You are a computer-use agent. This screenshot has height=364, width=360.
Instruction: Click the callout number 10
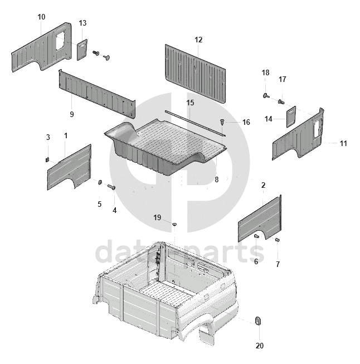tap(41, 17)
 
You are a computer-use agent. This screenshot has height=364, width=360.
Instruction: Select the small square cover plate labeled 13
tap(82, 50)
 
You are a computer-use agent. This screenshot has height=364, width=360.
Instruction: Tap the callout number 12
tap(198, 40)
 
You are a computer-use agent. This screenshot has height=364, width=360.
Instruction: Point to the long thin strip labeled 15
tap(195, 123)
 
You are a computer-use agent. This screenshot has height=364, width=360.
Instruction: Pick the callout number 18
tap(265, 72)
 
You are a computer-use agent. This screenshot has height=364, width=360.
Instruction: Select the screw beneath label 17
tap(281, 101)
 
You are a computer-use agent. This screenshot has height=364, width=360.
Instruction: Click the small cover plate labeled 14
tap(291, 117)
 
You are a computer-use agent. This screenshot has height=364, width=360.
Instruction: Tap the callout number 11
tap(343, 143)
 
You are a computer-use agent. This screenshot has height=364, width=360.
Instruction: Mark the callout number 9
tap(72, 114)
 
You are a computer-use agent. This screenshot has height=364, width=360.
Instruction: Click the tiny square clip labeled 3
tap(47, 159)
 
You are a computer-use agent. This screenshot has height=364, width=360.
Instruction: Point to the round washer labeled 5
tap(100, 182)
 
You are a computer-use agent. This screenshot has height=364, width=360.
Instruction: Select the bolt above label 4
tap(111, 186)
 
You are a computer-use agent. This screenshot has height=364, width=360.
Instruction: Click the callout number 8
tap(217, 179)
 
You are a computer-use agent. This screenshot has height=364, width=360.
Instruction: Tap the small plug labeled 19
tap(174, 224)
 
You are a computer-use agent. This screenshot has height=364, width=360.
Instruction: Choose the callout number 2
tap(263, 185)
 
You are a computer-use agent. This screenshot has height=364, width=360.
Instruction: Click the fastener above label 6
tap(256, 236)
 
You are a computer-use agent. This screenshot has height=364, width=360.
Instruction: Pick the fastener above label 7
tap(277, 240)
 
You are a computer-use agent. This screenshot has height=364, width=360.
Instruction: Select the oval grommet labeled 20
tap(258, 321)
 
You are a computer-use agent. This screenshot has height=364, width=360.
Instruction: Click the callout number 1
tap(66, 135)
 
